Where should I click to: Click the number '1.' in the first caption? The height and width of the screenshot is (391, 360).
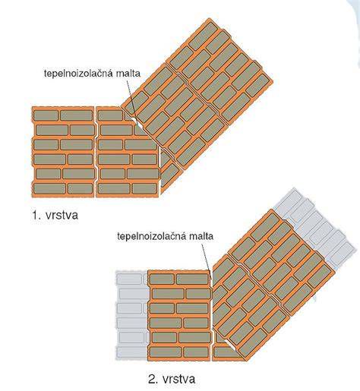pyautogui.click(x=36, y=215)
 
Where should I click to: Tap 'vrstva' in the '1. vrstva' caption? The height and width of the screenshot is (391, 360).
pyautogui.click(x=62, y=215)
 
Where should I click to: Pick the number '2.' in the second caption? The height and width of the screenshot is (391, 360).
pyautogui.click(x=153, y=379)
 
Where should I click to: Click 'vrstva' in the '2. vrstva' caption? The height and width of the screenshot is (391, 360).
pyautogui.click(x=179, y=379)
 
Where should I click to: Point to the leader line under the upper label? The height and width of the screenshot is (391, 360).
pyautogui.click(x=131, y=99)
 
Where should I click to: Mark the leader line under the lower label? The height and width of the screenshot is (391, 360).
pyautogui.click(x=207, y=260)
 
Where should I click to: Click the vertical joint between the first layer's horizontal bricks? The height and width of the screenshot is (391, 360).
pyautogui.click(x=96, y=152)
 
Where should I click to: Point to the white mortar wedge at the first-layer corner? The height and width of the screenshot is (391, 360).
pyautogui.click(x=134, y=120)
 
